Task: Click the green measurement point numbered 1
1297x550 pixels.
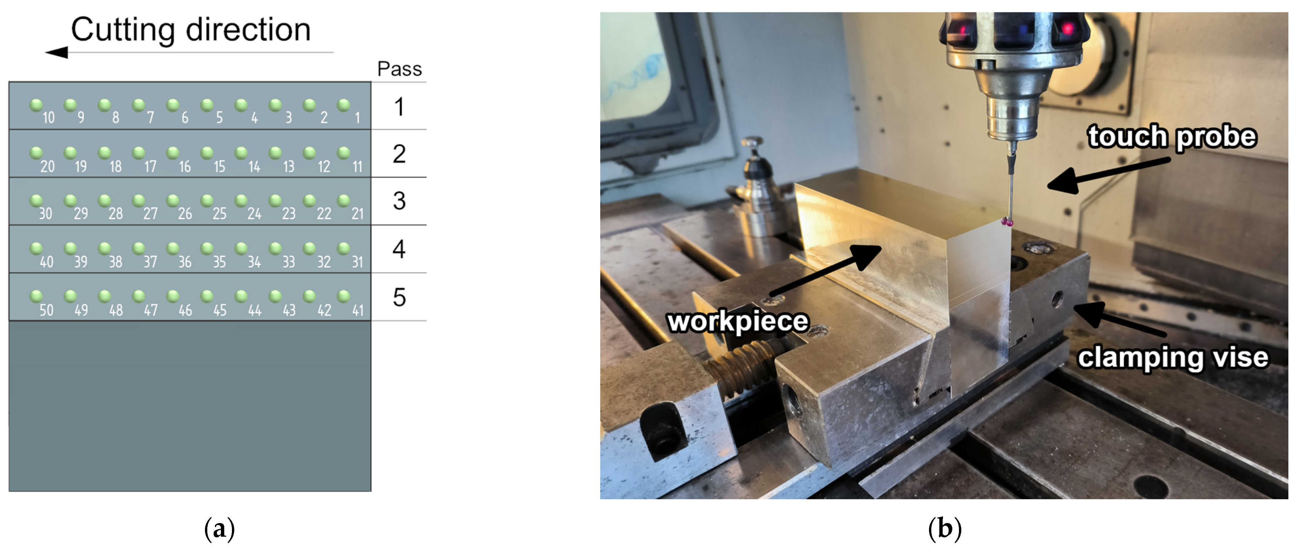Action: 344,105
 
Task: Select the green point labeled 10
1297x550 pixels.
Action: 36,105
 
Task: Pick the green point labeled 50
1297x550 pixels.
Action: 36,296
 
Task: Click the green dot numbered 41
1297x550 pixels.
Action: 344,296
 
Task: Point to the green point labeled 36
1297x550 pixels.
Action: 173,248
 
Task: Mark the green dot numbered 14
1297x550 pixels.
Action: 241,153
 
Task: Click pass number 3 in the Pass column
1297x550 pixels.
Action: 399,201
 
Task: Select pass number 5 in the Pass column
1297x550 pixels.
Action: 399,297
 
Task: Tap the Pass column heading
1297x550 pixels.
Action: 399,69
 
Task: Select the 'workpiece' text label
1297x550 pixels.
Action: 738,321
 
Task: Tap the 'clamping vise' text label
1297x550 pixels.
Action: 1173,358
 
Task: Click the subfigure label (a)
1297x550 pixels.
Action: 220,529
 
